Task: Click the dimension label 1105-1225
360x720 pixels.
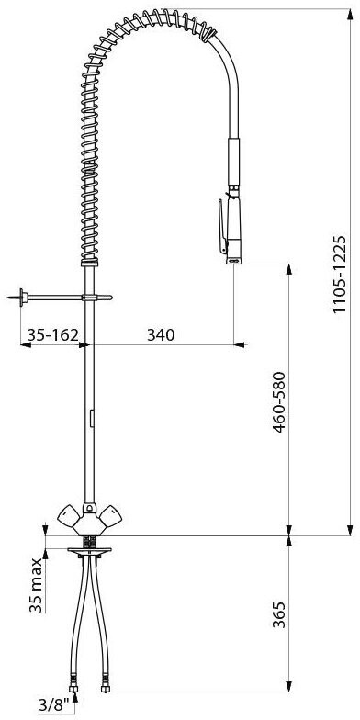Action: pyautogui.click(x=340, y=274)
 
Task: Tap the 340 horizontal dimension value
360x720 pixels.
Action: pyautogui.click(x=161, y=335)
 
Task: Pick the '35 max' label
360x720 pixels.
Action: pyautogui.click(x=37, y=585)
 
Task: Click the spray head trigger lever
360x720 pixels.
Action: pyautogui.click(x=222, y=226)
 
